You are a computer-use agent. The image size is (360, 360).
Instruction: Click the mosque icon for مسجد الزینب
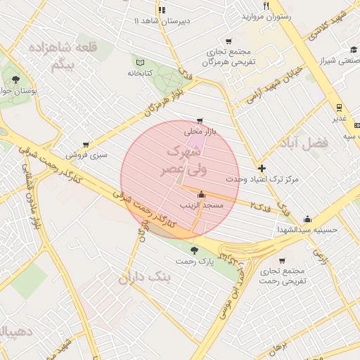point(202,195)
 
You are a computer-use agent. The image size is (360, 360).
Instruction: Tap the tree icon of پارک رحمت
point(195,250)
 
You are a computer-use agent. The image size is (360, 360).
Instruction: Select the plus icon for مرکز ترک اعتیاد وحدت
point(262,168)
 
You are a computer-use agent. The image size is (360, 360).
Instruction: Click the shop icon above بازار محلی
point(201,120)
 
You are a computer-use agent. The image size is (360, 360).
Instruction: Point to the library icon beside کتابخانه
point(139,62)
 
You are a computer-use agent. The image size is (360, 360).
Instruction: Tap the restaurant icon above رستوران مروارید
point(266,6)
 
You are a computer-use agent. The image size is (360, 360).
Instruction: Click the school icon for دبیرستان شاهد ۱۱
point(162,10)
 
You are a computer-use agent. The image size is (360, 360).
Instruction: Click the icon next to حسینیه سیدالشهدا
point(307,218)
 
